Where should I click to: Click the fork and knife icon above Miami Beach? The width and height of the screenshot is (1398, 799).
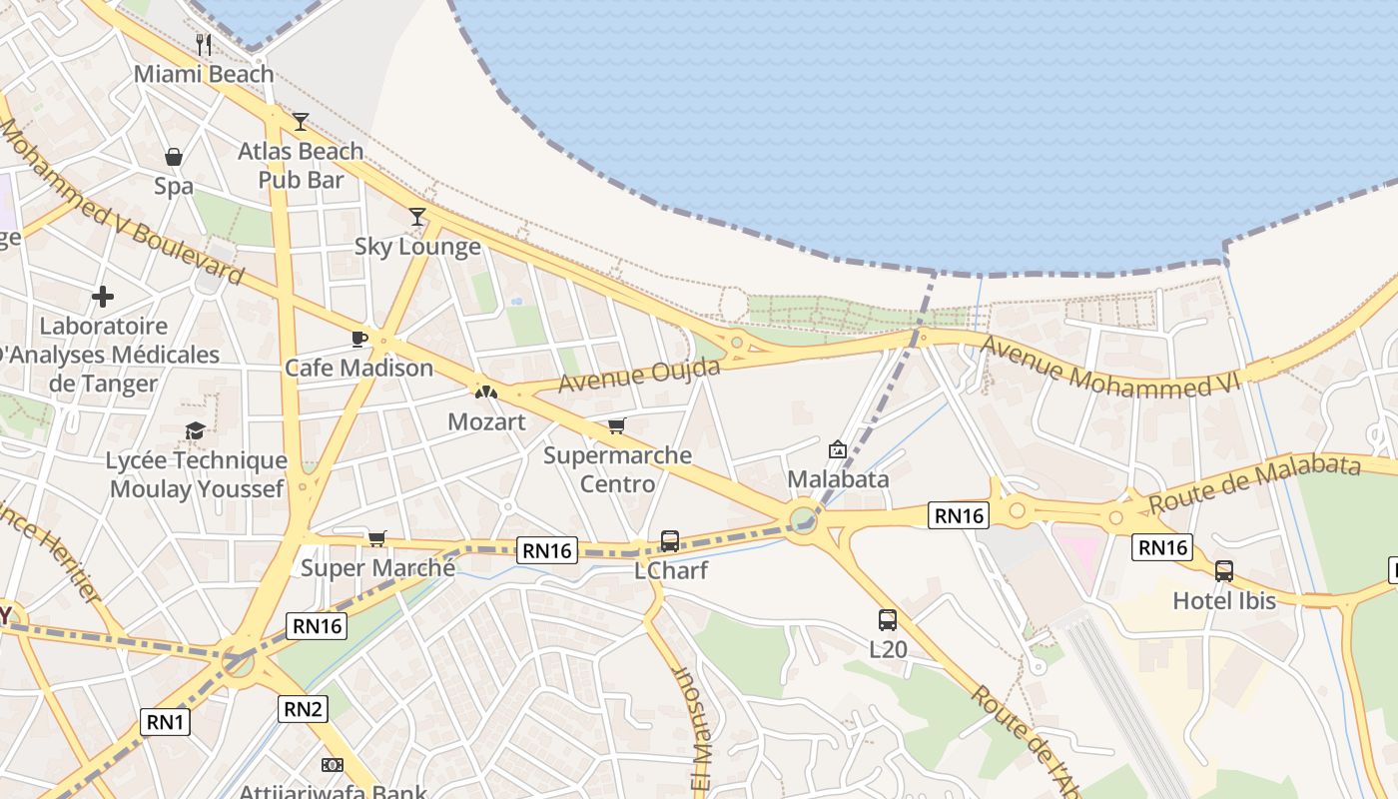click(204, 44)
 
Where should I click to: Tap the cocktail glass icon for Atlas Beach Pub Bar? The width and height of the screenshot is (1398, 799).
click(301, 122)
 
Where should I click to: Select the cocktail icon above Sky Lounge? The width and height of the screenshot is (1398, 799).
click(417, 217)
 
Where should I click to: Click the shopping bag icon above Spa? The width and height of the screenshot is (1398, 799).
click(174, 157)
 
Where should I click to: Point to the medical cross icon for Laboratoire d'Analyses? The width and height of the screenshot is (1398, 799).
click(102, 297)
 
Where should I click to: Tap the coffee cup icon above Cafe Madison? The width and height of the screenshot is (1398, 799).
click(359, 339)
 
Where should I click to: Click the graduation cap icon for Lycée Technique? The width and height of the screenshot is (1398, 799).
click(196, 430)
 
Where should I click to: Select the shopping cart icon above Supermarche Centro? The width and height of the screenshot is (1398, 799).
click(617, 426)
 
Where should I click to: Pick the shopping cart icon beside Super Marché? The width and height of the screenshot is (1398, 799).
click(377, 539)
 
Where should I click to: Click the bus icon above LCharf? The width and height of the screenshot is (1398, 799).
click(670, 541)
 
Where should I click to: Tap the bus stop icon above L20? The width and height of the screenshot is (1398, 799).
click(888, 619)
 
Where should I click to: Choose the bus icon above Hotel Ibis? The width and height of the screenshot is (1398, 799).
click(1224, 571)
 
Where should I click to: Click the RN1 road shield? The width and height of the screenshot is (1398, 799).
click(165, 722)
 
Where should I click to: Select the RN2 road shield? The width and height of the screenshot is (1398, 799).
click(303, 709)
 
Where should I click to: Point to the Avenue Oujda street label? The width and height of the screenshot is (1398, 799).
click(639, 377)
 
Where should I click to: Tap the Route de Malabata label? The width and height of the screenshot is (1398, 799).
click(1254, 482)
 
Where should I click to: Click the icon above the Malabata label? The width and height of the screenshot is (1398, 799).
click(838, 449)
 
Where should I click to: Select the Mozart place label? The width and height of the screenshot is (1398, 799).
click(486, 421)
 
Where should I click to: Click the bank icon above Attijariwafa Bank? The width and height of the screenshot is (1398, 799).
click(333, 765)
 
